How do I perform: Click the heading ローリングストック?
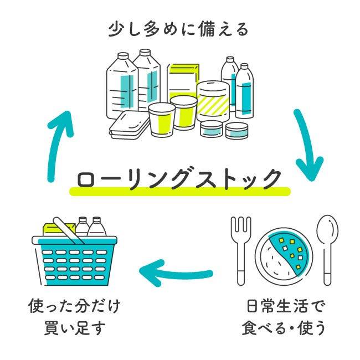pyautogui.click(x=179, y=179)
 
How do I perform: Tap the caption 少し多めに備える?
pyautogui.click(x=178, y=29)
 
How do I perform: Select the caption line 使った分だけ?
pyautogui.click(x=75, y=306)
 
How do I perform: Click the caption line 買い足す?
pyautogui.click(x=75, y=328)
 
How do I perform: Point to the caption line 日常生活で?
pyautogui.click(x=286, y=306)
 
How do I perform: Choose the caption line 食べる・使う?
pyautogui.click(x=284, y=328)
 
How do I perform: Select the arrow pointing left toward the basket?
pyautogui.click(x=176, y=272)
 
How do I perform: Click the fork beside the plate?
pyautogui.click(x=241, y=250)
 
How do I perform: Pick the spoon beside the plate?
pyautogui.click(x=327, y=250)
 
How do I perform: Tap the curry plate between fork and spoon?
pyautogui.click(x=284, y=254)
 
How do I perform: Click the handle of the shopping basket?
pyautogui.click(x=69, y=230)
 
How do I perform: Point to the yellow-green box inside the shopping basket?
pyautogui.click(x=59, y=230)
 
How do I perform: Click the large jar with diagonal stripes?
pyautogui.click(x=213, y=101)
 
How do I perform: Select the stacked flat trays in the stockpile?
pyautogui.click(x=128, y=125)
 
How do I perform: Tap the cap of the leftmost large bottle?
pyautogui.click(x=123, y=56)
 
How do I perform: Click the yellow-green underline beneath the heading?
pyautogui.click(x=180, y=191)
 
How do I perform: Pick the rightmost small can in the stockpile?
pyautogui.click(x=236, y=131)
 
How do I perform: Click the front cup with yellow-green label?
pyautogui.click(x=162, y=120)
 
